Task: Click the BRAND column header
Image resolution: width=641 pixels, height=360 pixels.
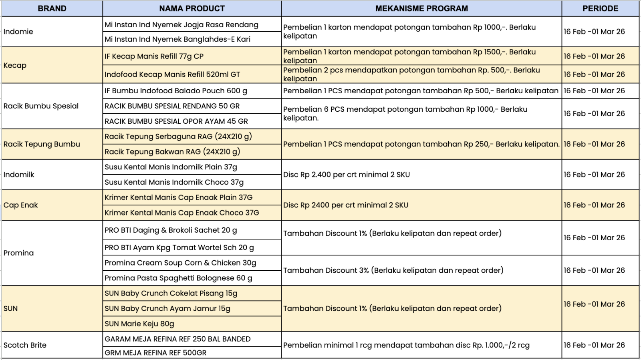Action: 52,8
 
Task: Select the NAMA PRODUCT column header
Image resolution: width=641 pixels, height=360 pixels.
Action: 192,8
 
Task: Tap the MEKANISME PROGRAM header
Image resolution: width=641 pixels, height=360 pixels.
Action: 421,8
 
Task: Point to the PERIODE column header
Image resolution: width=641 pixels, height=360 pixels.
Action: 600,8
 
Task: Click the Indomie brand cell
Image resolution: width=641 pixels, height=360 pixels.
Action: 18,32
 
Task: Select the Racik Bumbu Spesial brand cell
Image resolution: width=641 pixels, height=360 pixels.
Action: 41,106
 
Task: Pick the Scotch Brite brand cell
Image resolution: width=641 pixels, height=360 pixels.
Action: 25,345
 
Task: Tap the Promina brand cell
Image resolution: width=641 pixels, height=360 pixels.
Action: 18,253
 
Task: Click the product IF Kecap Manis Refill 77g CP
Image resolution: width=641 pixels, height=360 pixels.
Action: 154,56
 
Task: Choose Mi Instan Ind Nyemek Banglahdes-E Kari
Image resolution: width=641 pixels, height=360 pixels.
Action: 177,39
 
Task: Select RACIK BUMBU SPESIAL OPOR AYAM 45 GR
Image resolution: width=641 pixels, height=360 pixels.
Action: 176,121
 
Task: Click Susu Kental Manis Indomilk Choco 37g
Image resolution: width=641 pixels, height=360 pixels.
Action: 174,182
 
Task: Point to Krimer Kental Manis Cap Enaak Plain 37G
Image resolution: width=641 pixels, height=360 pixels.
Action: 179,197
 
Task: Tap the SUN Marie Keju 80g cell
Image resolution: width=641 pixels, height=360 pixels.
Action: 139,324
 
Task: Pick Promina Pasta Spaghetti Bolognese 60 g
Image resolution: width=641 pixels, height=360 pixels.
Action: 178,278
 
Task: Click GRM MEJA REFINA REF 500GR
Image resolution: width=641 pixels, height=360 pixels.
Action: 155,353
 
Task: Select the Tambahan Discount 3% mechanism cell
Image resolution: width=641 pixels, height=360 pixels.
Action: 393,270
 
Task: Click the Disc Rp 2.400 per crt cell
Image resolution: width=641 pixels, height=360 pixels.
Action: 347,175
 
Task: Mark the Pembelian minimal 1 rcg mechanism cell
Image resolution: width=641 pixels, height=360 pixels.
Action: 406,345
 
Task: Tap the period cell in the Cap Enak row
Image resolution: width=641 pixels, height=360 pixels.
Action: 594,205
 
